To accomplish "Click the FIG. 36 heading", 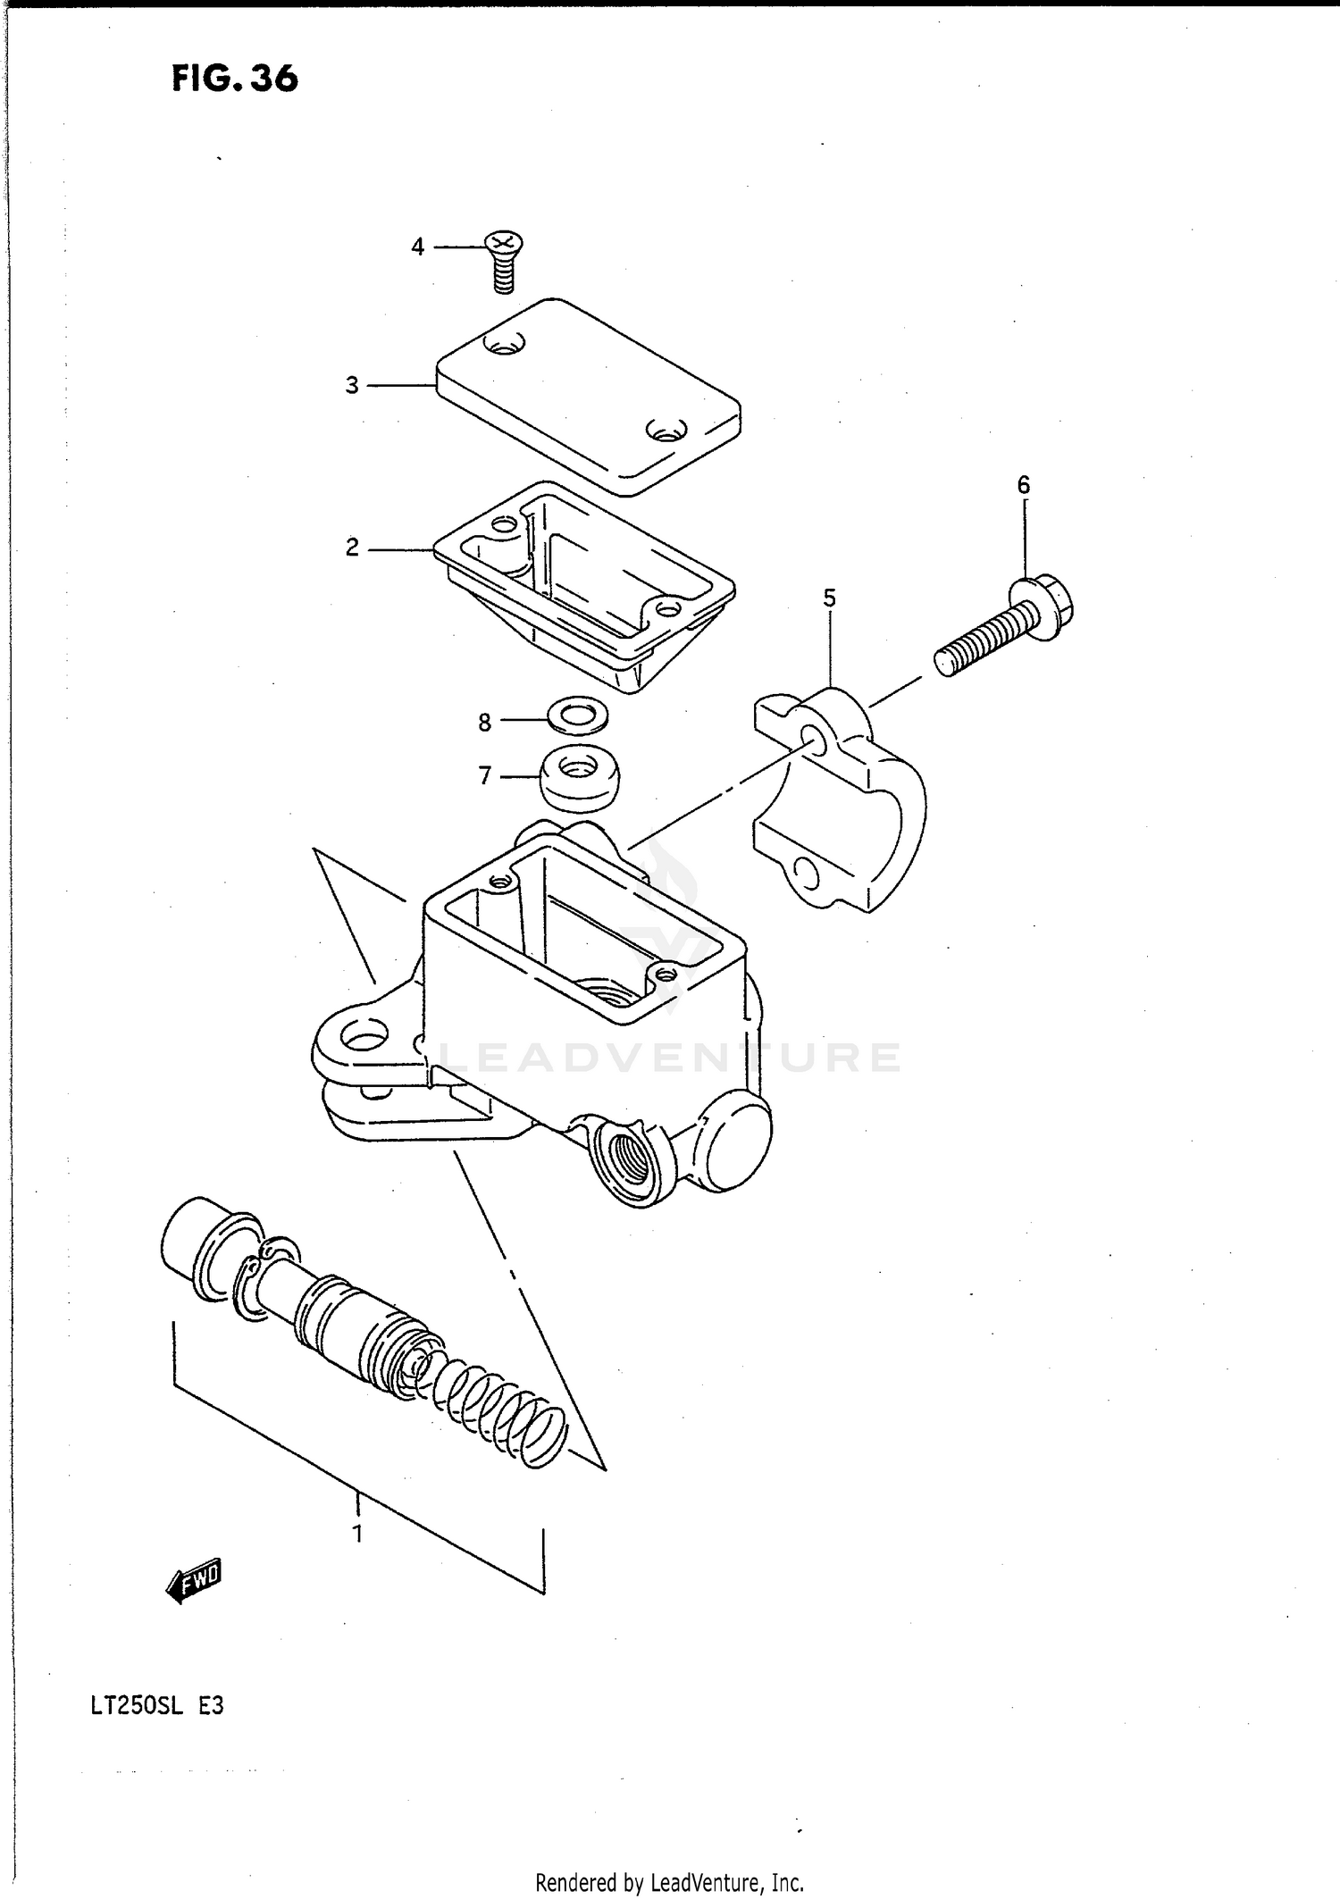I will pyautogui.click(x=234, y=79).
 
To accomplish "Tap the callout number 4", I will pyautogui.click(x=417, y=247).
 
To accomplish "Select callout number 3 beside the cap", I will pyautogui.click(x=352, y=386).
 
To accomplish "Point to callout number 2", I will pyautogui.click(x=352, y=548).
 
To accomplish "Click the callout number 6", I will pyautogui.click(x=1024, y=485).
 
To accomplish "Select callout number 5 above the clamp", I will pyautogui.click(x=830, y=598).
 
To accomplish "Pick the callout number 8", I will pyautogui.click(x=484, y=723).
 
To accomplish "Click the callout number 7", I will pyautogui.click(x=484, y=776).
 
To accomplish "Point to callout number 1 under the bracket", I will pyautogui.click(x=357, y=1535).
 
